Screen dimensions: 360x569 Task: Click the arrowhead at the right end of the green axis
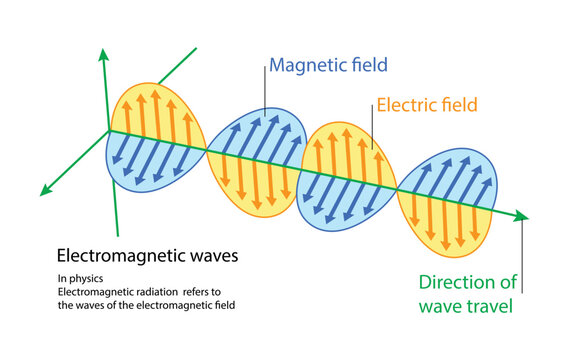click(522, 216)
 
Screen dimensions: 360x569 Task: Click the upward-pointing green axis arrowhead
click(101, 53)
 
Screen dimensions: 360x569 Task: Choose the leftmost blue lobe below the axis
click(150, 165)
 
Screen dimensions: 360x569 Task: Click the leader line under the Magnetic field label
click(265, 95)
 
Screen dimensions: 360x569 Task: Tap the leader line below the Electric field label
click(372, 130)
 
